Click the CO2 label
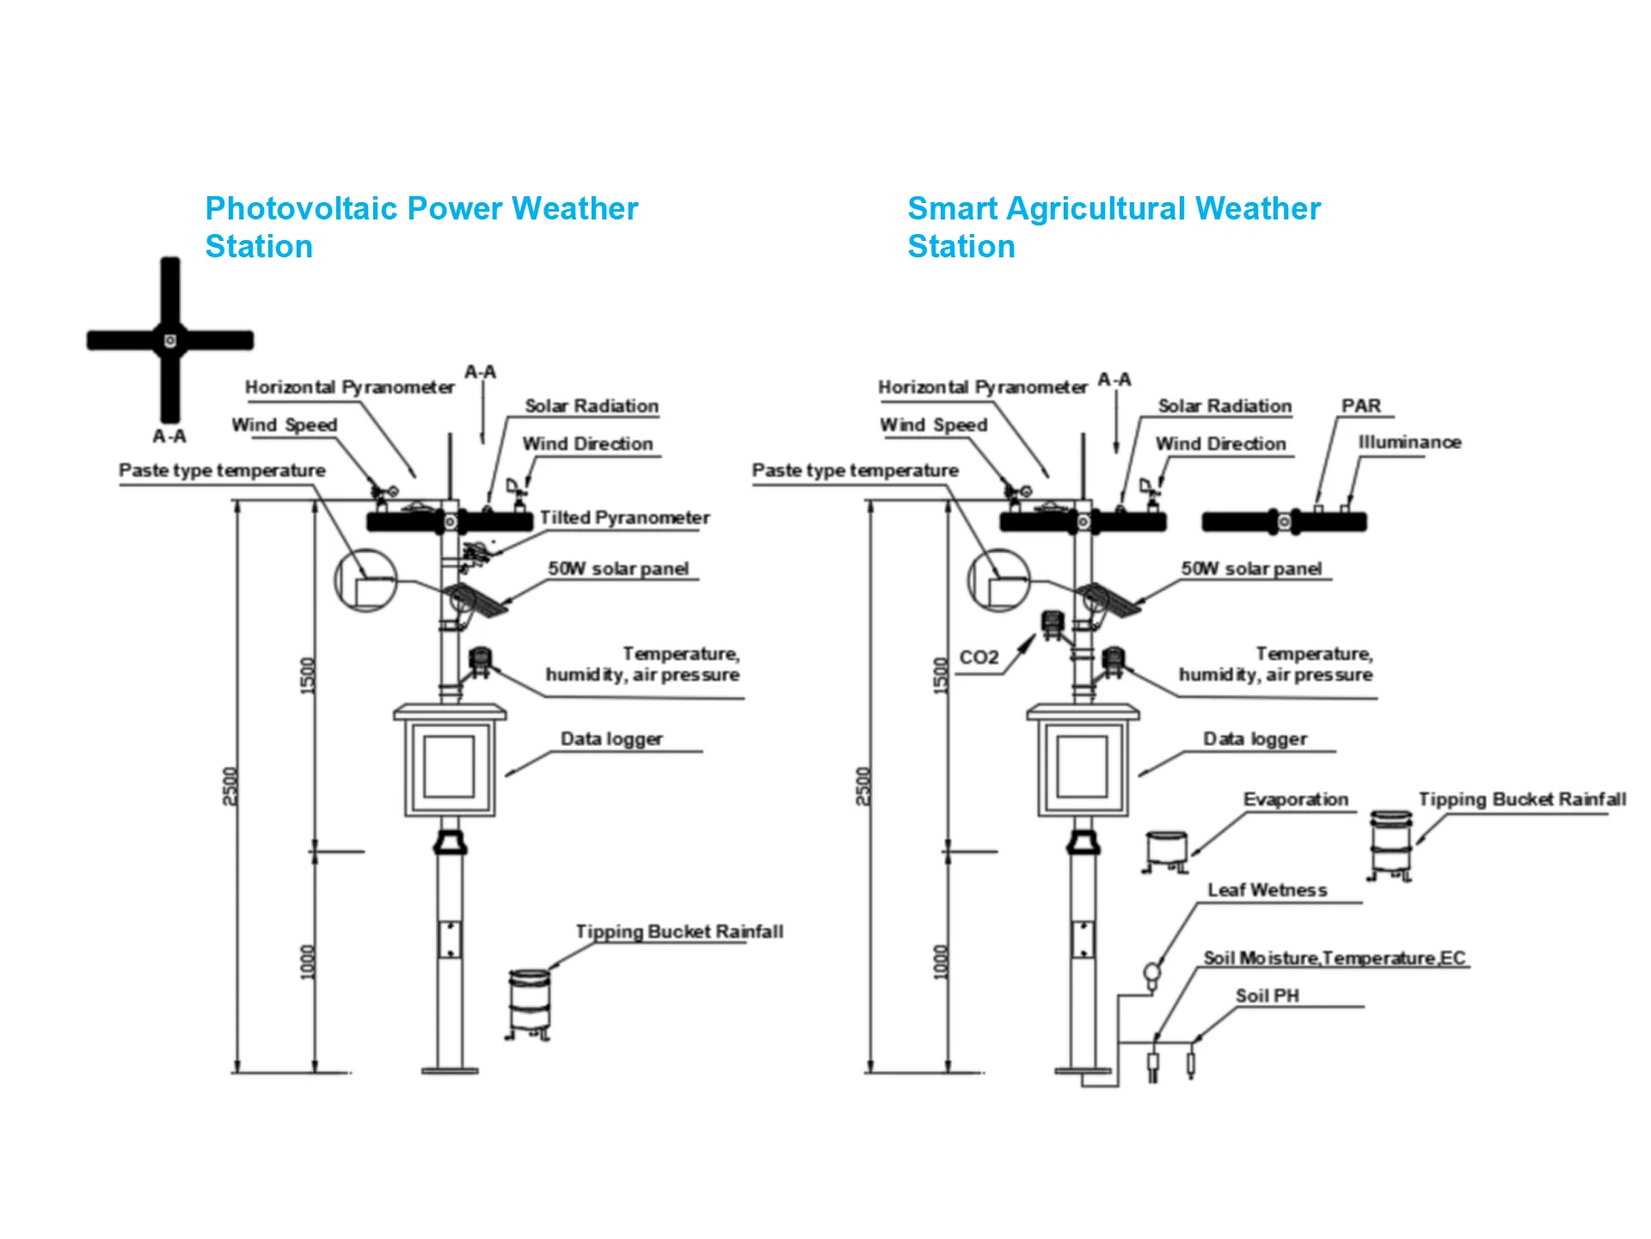pyautogui.click(x=979, y=657)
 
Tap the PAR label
pyautogui.click(x=1361, y=405)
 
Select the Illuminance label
pyautogui.click(x=1409, y=442)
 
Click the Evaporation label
pyautogui.click(x=1296, y=799)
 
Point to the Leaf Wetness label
pyautogui.click(x=1267, y=890)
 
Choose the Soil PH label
pyautogui.click(x=1267, y=996)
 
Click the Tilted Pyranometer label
pyautogui.click(x=624, y=518)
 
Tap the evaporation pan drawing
pyautogui.click(x=1167, y=851)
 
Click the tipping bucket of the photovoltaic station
pyautogui.click(x=529, y=1004)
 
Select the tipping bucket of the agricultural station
pyautogui.click(x=1390, y=845)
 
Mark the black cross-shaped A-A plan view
pyautogui.click(x=170, y=340)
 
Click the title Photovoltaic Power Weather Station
pyautogui.click(x=421, y=227)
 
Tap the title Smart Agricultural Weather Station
pyautogui.click(x=1114, y=227)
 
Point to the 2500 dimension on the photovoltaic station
pyautogui.click(x=230, y=786)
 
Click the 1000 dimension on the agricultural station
pyautogui.click(x=941, y=962)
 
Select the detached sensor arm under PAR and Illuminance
pyautogui.click(x=1284, y=521)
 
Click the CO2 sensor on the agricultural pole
pyautogui.click(x=1053, y=625)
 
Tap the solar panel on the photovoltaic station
pyautogui.click(x=476, y=601)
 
